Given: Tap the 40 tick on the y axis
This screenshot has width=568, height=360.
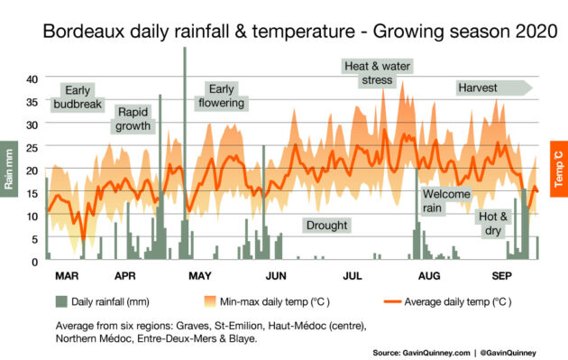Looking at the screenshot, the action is pyautogui.click(x=32, y=79).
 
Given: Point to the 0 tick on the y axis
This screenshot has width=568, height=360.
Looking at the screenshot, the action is pyautogui.click(x=35, y=262).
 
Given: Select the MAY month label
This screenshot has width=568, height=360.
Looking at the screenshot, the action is pyautogui.click(x=199, y=276).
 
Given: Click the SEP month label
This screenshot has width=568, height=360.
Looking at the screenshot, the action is pyautogui.click(x=501, y=276).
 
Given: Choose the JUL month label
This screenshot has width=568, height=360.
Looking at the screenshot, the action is pyautogui.click(x=353, y=276).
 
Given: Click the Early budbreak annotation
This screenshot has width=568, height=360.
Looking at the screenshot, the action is pyautogui.click(x=78, y=97).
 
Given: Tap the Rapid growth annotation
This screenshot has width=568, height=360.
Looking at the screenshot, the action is pyautogui.click(x=133, y=119).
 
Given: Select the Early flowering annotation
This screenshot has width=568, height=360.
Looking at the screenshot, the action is pyautogui.click(x=221, y=96).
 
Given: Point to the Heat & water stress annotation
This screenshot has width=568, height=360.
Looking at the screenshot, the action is pyautogui.click(x=377, y=73).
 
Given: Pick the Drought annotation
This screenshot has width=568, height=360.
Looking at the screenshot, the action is pyautogui.click(x=326, y=226).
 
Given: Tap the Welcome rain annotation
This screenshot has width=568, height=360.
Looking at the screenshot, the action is pyautogui.click(x=446, y=201).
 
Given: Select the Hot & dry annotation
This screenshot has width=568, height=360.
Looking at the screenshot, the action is pyautogui.click(x=493, y=224).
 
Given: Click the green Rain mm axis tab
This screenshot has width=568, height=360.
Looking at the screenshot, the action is pyautogui.click(x=9, y=169).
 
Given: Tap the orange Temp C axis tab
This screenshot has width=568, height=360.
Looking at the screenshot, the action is pyautogui.click(x=559, y=169).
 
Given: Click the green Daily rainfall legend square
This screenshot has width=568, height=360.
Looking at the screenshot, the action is pyautogui.click(x=61, y=301).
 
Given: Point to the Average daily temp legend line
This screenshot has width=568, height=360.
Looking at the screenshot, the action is pyautogui.click(x=392, y=301).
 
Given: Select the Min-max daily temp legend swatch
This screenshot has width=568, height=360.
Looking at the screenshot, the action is pyautogui.click(x=210, y=301).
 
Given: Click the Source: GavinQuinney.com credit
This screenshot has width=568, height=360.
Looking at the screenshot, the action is pyautogui.click(x=421, y=353).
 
